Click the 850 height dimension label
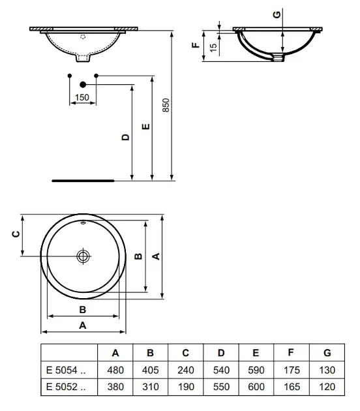pos(166,105)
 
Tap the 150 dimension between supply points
pos(82,97)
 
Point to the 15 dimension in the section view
pos(213,47)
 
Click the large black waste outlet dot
pos(83,84)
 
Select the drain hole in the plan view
pos(83,256)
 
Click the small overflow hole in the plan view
pos(83,223)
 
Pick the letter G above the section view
pos(277,14)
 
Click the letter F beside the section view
pos(196,45)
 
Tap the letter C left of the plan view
pos(16,234)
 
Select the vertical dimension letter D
pos(126,137)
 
